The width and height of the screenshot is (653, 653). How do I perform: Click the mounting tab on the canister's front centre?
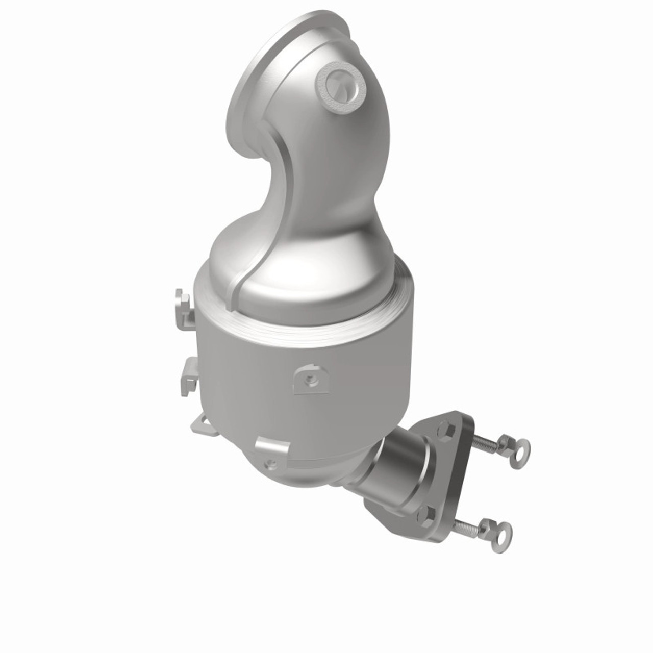tap(310, 378)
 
